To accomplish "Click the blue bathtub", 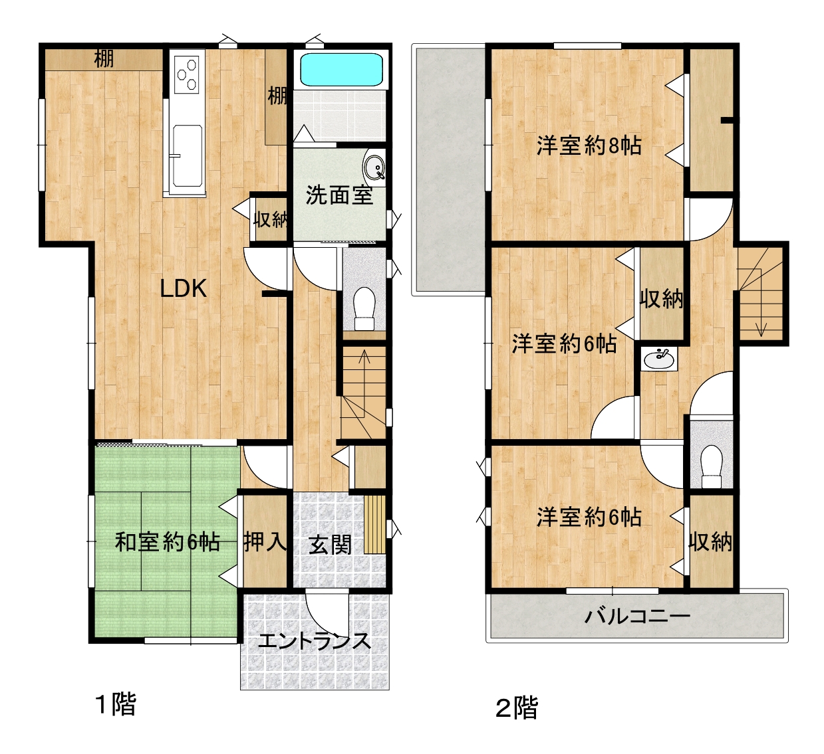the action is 341,69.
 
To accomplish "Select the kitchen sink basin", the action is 188,156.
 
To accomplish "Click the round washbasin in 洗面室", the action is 374,167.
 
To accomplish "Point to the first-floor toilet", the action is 364,309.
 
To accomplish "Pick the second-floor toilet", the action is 712,467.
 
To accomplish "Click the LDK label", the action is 183,288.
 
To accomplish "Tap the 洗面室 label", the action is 339,195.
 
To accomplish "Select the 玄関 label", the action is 330,545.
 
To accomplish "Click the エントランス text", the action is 314,641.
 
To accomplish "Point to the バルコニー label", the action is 637,616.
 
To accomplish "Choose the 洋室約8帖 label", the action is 589,145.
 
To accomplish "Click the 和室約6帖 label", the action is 168,542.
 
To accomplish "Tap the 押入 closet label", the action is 265,542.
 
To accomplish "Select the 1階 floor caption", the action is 116,704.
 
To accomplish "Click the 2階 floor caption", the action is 517,707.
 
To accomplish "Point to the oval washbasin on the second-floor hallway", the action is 659,359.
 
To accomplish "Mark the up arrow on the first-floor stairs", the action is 364,384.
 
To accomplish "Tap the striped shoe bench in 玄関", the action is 374,525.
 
